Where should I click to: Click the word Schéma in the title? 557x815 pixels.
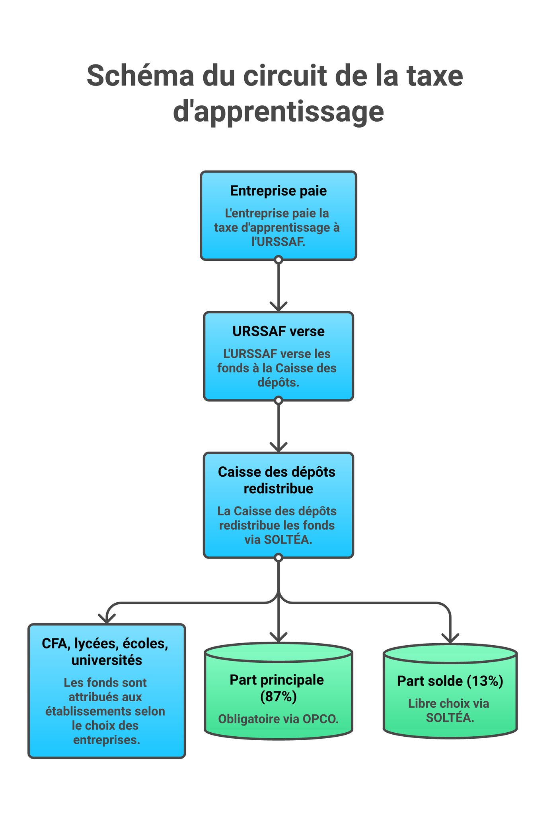pyautogui.click(x=140, y=76)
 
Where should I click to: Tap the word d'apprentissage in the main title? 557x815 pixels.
pyautogui.click(x=278, y=112)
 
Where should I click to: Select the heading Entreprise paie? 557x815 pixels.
pyautogui.click(x=278, y=191)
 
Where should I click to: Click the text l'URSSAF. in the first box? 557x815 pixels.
pyautogui.click(x=278, y=242)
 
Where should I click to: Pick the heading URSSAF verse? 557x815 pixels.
pyautogui.click(x=278, y=331)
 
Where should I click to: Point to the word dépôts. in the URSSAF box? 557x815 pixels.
pyautogui.click(x=278, y=382)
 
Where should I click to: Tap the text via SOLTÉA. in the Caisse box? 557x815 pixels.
pyautogui.click(x=278, y=539)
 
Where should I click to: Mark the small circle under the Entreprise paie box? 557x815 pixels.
pyautogui.click(x=278, y=260)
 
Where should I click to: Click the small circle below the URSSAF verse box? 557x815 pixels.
pyautogui.click(x=278, y=400)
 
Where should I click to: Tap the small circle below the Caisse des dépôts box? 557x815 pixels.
pyautogui.click(x=278, y=558)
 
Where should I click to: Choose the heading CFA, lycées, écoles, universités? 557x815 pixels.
pyautogui.click(x=106, y=652)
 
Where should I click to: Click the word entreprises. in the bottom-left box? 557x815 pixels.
pyautogui.click(x=107, y=740)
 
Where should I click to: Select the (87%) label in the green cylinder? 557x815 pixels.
pyautogui.click(x=278, y=697)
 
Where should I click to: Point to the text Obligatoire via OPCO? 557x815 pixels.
pyautogui.click(x=278, y=719)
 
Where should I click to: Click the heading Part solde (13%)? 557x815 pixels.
pyautogui.click(x=450, y=681)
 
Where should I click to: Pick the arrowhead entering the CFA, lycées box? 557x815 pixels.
pyautogui.click(x=107, y=619)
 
